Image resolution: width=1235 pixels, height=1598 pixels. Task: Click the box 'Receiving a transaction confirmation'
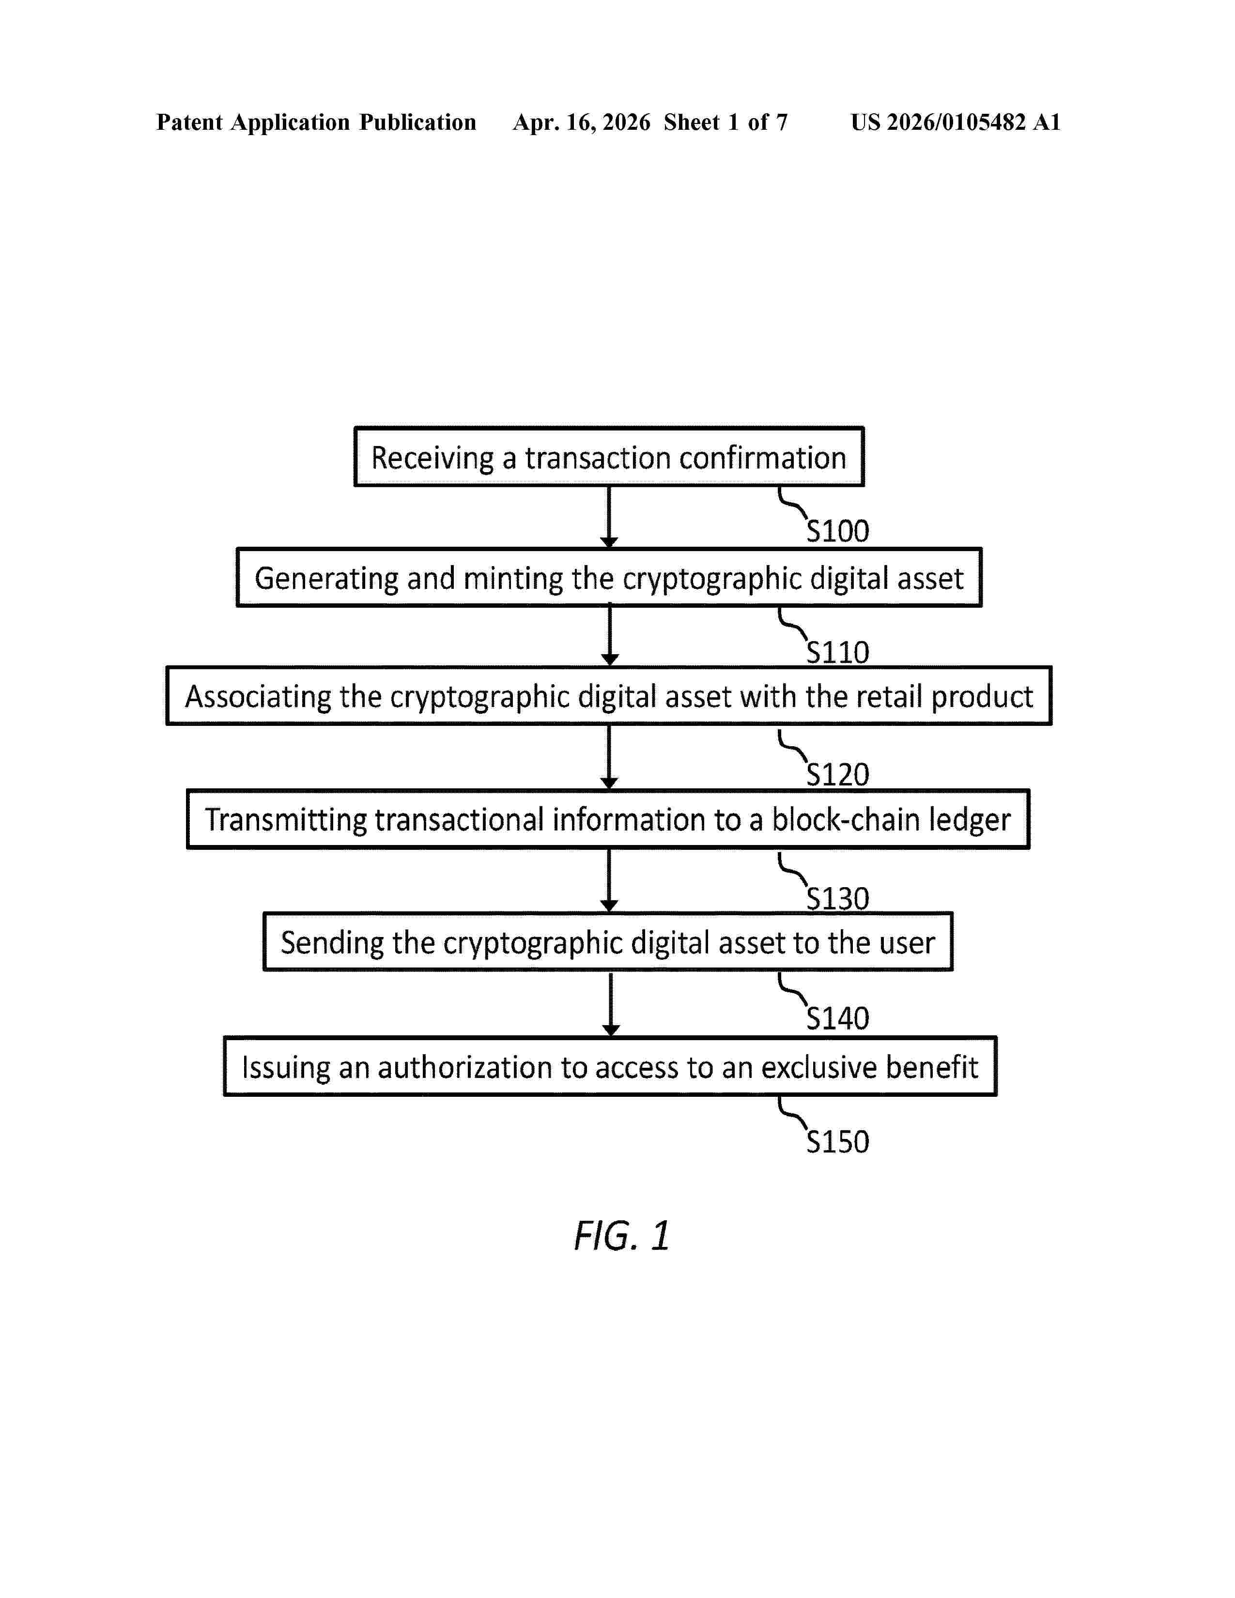[609, 457]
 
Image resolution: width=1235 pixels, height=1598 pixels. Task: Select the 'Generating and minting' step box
[609, 577]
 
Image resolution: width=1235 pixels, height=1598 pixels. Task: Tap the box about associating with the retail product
[609, 696]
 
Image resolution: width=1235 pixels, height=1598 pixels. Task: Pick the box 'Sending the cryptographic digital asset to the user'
[608, 942]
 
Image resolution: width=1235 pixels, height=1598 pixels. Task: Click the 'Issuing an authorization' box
[610, 1066]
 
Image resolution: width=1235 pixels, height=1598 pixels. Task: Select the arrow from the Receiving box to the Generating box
[609, 517]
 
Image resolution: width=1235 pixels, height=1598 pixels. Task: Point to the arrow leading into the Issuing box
[611, 1004]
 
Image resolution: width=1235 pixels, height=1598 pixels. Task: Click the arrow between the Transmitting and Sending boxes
[609, 880]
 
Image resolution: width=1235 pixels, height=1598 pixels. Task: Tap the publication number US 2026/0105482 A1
[956, 122]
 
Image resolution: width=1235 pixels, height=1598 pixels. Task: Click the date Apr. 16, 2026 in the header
[582, 122]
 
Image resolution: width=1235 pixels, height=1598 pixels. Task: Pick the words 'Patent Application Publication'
[316, 122]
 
